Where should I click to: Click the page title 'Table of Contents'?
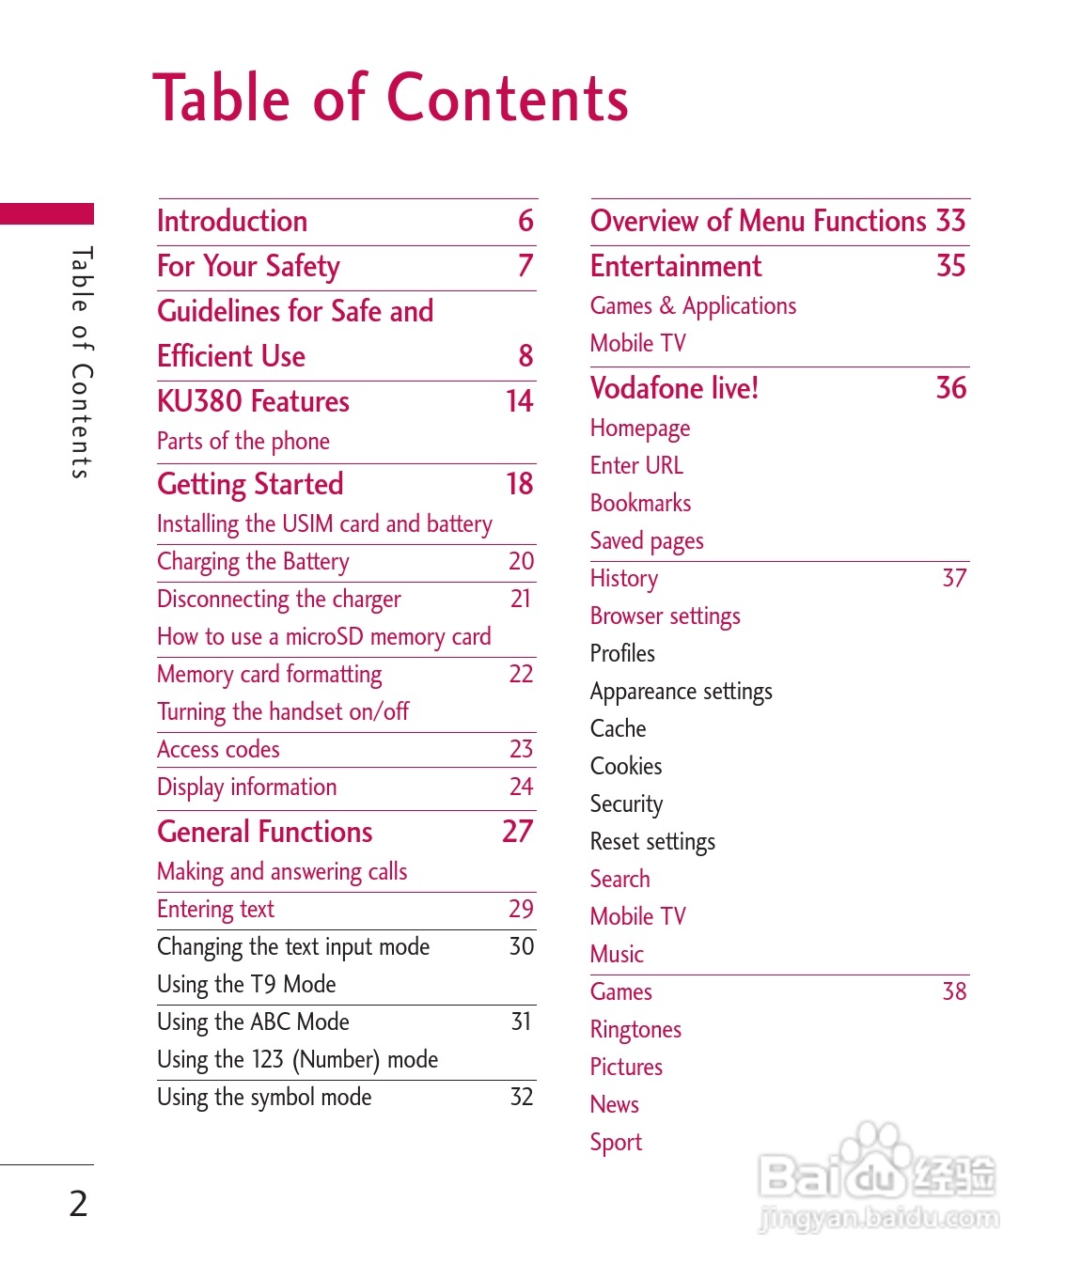pyautogui.click(x=390, y=98)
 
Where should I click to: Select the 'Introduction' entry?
pyautogui.click(x=232, y=221)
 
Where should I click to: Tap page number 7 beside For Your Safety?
pyautogui.click(x=525, y=266)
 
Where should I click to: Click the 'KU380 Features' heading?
pyautogui.click(x=253, y=401)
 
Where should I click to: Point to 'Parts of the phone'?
pyautogui.click(x=243, y=441)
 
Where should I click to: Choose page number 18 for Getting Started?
pyautogui.click(x=519, y=484)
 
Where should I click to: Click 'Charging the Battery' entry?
pyautogui.click(x=253, y=562)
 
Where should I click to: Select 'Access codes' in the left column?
pyautogui.click(x=218, y=749)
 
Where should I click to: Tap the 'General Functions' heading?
pyautogui.click(x=265, y=832)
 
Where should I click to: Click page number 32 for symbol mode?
pyautogui.click(x=522, y=1097)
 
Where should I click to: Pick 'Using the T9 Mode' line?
pyautogui.click(x=246, y=984)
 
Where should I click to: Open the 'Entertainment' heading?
pyautogui.click(x=676, y=266)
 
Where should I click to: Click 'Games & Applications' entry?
pyautogui.click(x=693, y=305)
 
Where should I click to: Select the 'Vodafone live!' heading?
pyautogui.click(x=674, y=388)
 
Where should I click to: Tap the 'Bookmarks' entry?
pyautogui.click(x=640, y=503)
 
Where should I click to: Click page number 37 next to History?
pyautogui.click(x=954, y=578)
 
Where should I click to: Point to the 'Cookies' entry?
pyautogui.click(x=626, y=766)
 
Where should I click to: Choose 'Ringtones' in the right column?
pyautogui.click(x=635, y=1029)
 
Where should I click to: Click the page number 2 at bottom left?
pyautogui.click(x=79, y=1203)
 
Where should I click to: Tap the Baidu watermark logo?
pyautogui.click(x=876, y=1177)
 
